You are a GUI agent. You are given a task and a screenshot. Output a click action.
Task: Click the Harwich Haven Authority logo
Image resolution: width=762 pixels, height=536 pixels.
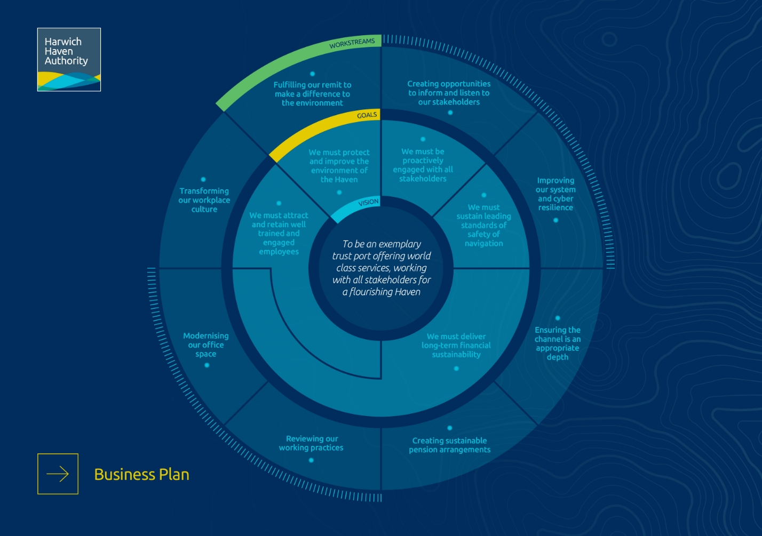(x=69, y=59)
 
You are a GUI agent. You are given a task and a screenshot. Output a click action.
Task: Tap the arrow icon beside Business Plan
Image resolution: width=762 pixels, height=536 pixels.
(x=58, y=474)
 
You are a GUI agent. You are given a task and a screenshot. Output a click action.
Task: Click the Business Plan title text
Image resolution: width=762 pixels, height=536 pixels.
(x=141, y=474)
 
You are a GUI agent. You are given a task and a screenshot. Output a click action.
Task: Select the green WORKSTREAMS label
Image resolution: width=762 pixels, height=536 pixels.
(x=352, y=43)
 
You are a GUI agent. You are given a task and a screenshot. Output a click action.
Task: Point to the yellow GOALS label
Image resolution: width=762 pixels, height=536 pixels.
(x=367, y=115)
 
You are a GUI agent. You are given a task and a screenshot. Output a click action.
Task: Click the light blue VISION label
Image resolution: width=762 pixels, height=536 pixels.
(x=368, y=203)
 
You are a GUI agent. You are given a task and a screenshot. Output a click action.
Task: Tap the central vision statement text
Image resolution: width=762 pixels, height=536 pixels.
(x=382, y=268)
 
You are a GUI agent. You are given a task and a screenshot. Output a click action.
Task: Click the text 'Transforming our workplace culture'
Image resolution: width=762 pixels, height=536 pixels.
(x=204, y=200)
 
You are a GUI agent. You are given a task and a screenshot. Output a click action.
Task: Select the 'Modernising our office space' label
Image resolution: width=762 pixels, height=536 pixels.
(x=206, y=345)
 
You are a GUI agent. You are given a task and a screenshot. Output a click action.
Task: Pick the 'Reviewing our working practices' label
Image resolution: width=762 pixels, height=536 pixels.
(x=311, y=443)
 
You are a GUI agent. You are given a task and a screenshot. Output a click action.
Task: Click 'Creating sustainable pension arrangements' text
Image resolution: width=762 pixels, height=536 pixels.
(x=449, y=445)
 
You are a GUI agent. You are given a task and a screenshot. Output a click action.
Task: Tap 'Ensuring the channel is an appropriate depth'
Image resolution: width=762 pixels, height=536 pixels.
(x=558, y=343)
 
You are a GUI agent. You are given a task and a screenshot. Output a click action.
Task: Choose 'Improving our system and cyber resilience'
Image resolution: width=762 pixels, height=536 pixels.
(x=555, y=194)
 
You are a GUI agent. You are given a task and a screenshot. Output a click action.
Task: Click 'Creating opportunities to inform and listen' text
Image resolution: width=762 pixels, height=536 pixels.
(x=449, y=93)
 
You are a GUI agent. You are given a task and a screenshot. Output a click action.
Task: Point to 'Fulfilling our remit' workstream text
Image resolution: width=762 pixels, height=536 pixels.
(x=312, y=94)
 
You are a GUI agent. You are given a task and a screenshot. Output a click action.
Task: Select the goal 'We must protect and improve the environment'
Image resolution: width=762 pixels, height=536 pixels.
(x=339, y=166)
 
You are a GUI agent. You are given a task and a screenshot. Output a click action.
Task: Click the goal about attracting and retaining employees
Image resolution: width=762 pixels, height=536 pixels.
(x=279, y=233)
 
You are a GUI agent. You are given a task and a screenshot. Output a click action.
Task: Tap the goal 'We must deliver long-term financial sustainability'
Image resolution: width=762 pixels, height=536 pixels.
(x=456, y=345)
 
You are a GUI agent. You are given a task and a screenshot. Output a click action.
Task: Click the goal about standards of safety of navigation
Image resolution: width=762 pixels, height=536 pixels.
(x=483, y=225)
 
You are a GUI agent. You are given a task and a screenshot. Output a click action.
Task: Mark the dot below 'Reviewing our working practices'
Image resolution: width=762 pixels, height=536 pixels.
(x=311, y=460)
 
